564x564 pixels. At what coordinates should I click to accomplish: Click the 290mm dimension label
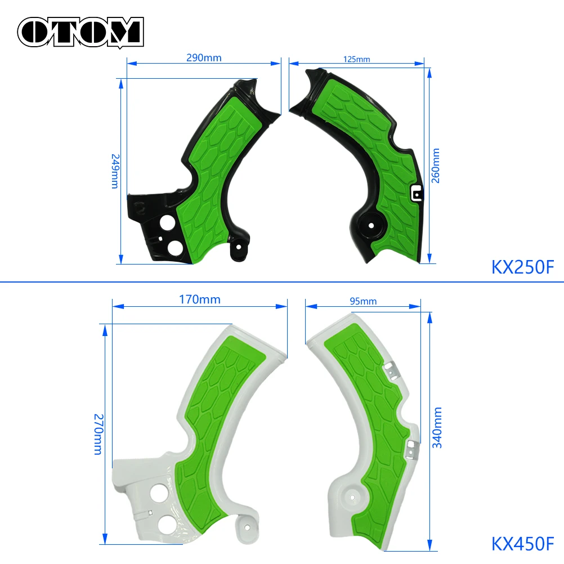coord(203,57)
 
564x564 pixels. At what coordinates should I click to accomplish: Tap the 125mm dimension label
coord(356,59)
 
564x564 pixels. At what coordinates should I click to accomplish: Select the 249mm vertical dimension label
coord(114,171)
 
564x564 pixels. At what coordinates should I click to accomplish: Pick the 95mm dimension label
coord(363,301)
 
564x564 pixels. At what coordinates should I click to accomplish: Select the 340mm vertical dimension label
coord(437,428)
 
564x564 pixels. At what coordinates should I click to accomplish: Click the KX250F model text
coord(523,266)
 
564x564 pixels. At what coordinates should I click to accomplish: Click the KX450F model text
coord(523,544)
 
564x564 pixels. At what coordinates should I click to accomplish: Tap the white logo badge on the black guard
coord(415,193)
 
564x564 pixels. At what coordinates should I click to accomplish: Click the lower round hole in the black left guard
coord(173,247)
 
